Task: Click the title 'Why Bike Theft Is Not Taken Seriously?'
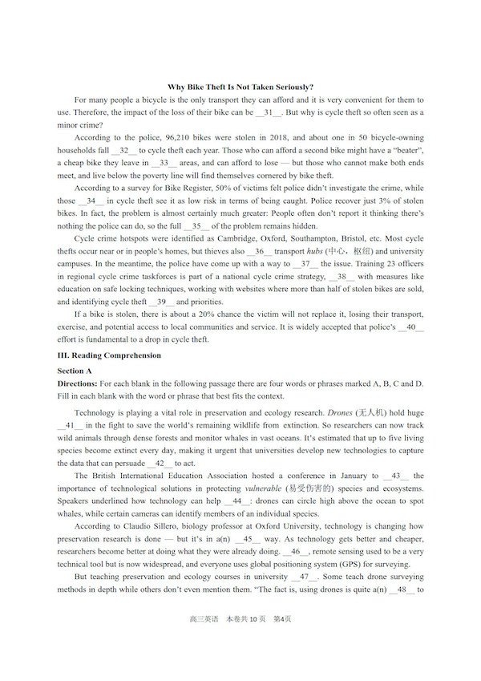pyautogui.click(x=240, y=87)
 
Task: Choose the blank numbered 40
pyautogui.click(x=411, y=326)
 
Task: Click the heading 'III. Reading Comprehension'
pyautogui.click(x=109, y=355)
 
